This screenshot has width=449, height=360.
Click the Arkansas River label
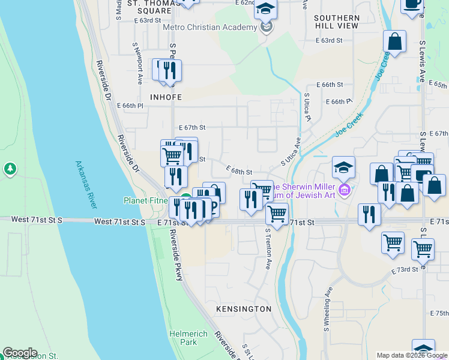coord(86,184)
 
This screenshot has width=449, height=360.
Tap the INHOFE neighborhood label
coord(161,96)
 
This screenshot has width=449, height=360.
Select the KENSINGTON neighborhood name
coord(244,308)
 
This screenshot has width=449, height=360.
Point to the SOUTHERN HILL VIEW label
coord(336,22)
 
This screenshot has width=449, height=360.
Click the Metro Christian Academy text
coord(209,27)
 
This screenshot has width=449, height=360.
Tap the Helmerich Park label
coord(188,338)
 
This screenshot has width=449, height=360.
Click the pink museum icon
coord(344,191)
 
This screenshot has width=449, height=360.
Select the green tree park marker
coord(10,169)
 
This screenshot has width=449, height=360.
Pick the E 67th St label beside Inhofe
coord(192,127)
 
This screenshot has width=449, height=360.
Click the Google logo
coord(20,353)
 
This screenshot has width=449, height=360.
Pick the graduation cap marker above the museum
coord(344,167)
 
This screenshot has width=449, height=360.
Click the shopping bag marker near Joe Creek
coord(395,42)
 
